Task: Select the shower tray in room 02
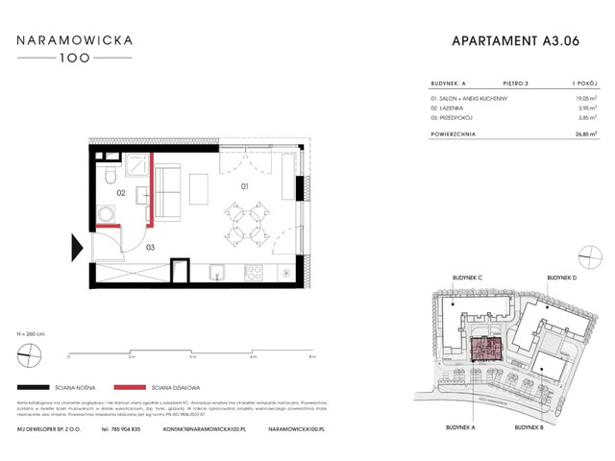138,168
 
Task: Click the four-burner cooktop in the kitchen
256,273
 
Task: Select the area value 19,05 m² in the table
574,97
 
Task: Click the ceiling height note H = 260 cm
32,330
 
